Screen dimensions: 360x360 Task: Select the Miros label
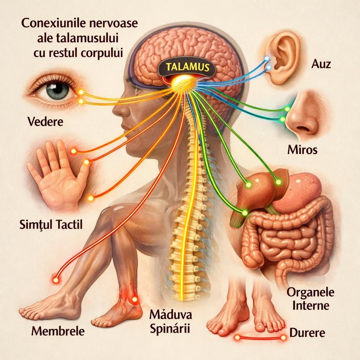click(302, 150)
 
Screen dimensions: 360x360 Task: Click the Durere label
click(307, 332)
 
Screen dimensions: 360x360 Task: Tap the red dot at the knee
click(55, 280)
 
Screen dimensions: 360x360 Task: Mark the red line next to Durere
click(260, 338)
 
